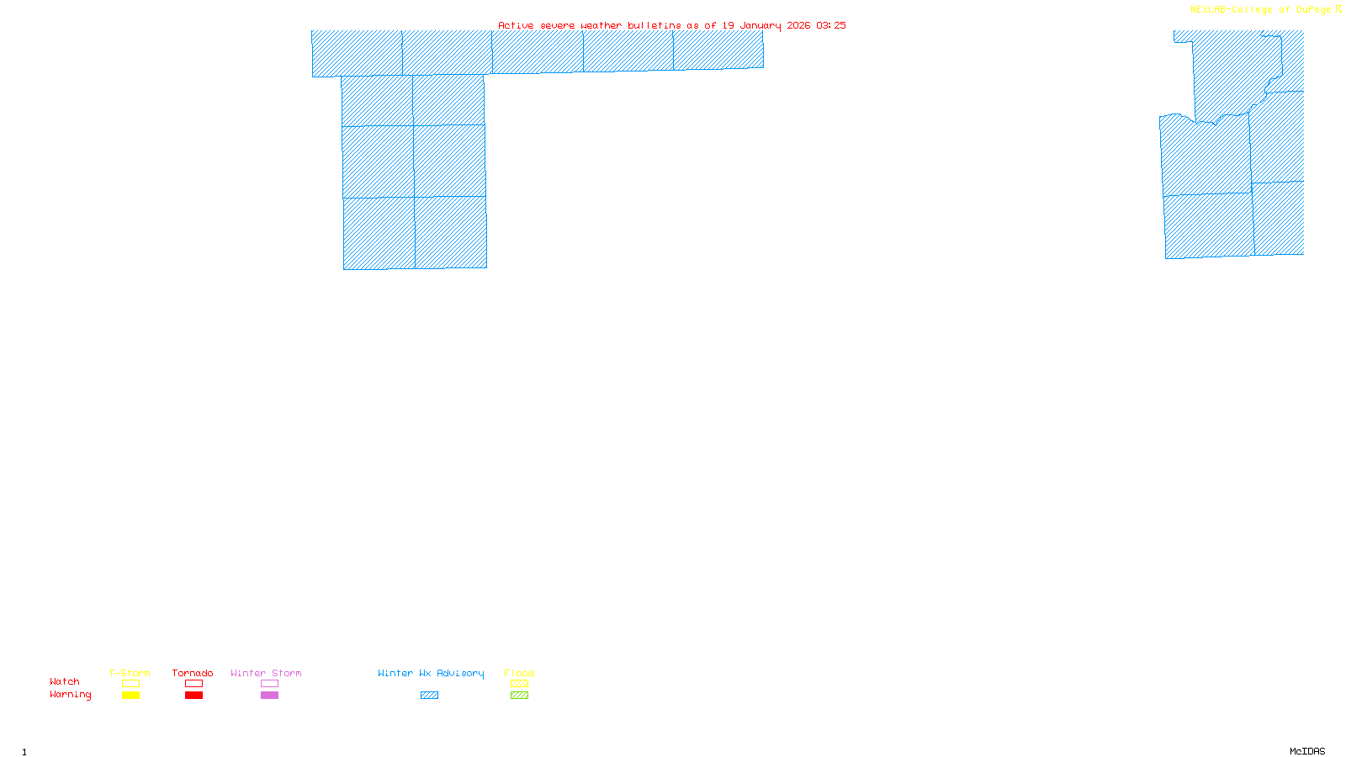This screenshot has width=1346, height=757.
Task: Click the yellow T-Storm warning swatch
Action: tap(130, 696)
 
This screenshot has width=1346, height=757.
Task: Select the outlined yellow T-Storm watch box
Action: tap(130, 684)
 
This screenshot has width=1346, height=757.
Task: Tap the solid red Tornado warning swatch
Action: tap(193, 696)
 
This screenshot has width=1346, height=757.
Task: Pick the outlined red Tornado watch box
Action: tap(193, 684)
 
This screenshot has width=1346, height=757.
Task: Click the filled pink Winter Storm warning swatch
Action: tap(269, 696)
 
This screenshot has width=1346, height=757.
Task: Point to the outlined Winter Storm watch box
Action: tap(269, 684)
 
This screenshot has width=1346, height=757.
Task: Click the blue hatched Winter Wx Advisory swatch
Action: tap(429, 696)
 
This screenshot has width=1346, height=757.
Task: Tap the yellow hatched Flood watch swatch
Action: tap(519, 684)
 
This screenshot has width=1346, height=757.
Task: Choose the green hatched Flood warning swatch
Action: tap(519, 696)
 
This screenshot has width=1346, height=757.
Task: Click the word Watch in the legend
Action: tap(65, 682)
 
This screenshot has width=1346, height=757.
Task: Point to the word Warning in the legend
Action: tap(70, 695)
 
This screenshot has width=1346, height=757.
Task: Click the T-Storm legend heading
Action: tap(130, 673)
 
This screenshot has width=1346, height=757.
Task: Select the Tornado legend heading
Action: tap(193, 673)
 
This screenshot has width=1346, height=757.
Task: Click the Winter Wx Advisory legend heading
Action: tap(431, 673)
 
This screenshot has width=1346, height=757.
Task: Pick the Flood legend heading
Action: tap(519, 673)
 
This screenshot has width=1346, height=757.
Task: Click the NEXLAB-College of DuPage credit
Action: tap(1261, 10)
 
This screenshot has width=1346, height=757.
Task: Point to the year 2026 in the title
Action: tap(798, 25)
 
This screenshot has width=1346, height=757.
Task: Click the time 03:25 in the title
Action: tap(831, 25)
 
